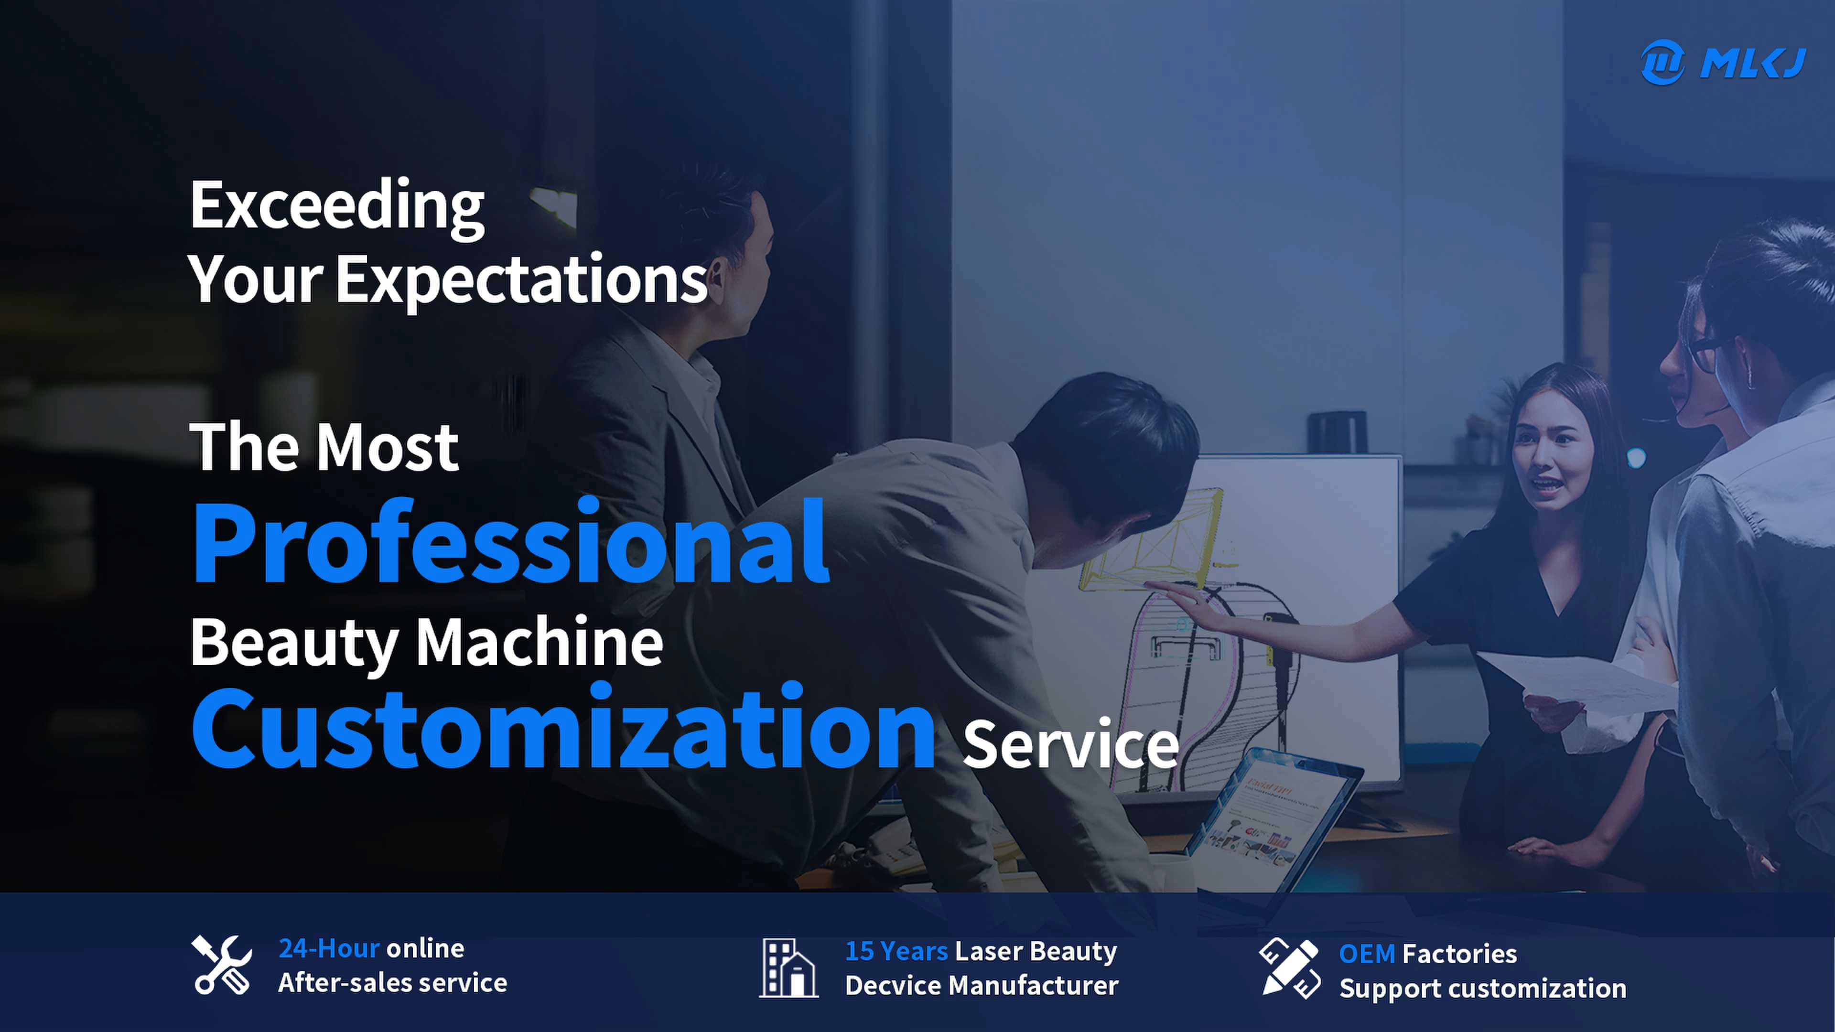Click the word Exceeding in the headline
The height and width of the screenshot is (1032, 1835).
pyautogui.click(x=337, y=206)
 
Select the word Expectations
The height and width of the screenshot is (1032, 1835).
pyautogui.click(x=521, y=279)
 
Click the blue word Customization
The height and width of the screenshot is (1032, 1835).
pyautogui.click(x=563, y=727)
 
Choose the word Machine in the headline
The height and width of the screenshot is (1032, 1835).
pyautogui.click(x=539, y=643)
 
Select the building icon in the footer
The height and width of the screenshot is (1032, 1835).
pyautogui.click(x=788, y=968)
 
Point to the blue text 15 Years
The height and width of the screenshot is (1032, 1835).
pyautogui.click(x=896, y=952)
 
